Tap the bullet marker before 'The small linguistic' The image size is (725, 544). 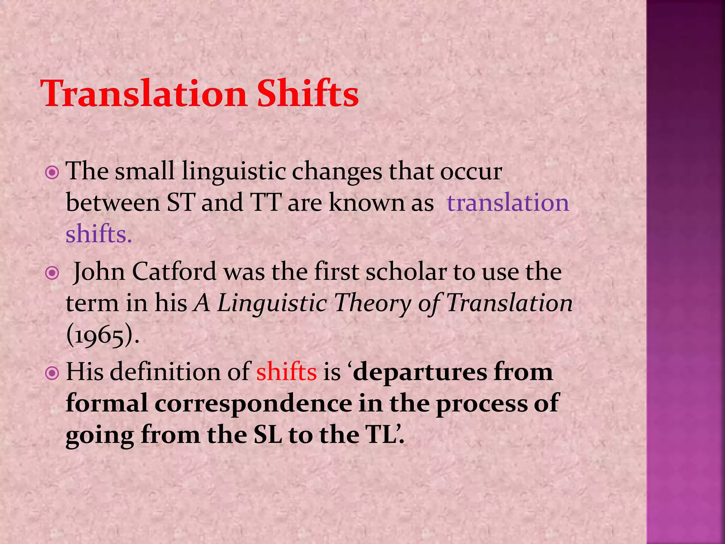[52, 173]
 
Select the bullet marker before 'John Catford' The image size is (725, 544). [52, 273]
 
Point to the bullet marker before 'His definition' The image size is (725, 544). [52, 373]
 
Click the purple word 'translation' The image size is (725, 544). [508, 203]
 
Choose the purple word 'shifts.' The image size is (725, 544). [99, 234]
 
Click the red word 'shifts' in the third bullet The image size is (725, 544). [286, 372]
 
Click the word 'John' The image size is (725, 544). [99, 272]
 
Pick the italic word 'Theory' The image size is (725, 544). [372, 304]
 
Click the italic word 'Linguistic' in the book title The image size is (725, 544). [272, 304]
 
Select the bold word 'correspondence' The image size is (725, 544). [253, 403]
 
